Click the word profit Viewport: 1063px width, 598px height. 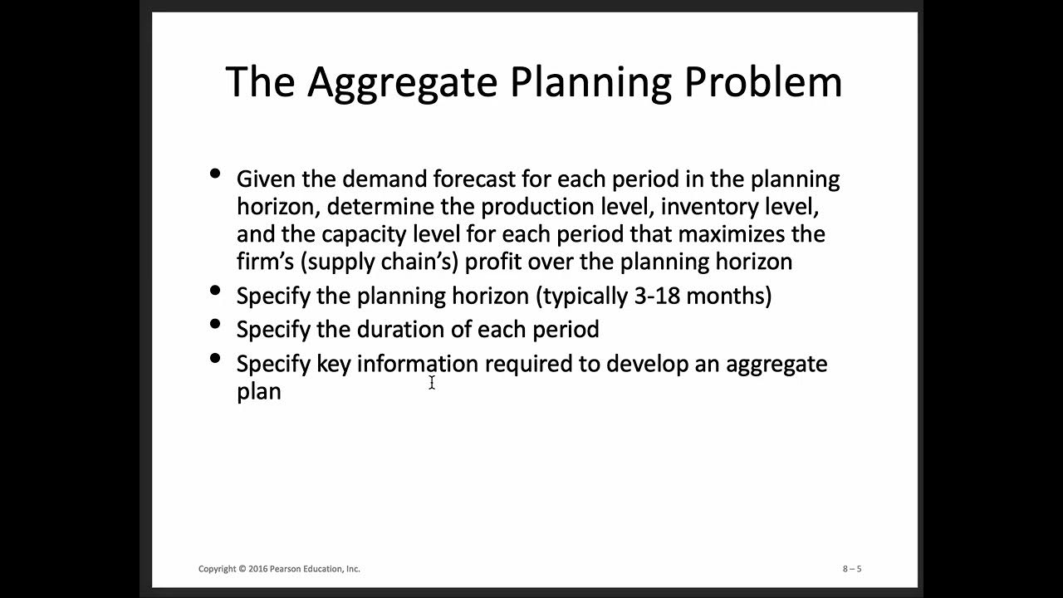(x=494, y=262)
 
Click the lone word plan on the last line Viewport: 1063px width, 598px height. (x=258, y=391)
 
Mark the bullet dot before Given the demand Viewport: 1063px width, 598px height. (x=216, y=174)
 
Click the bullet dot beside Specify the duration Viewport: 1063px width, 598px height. (x=216, y=324)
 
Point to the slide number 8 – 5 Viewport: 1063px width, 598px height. (x=852, y=569)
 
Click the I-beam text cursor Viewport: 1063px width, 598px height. (x=432, y=382)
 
